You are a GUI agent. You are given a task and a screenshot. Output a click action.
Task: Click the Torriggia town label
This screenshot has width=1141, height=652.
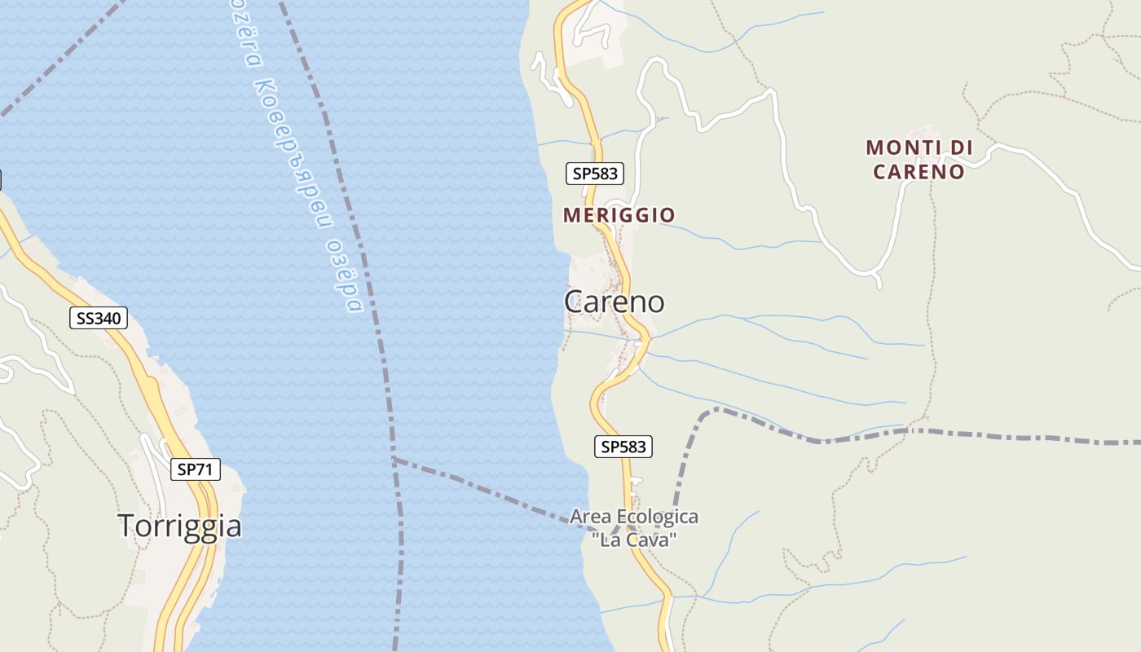click(179, 526)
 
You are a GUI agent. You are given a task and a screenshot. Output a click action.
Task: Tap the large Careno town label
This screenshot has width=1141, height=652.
click(614, 302)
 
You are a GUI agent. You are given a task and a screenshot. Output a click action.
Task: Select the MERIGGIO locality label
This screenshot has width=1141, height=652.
click(619, 215)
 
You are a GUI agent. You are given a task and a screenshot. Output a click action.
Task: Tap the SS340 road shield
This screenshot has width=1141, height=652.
click(99, 318)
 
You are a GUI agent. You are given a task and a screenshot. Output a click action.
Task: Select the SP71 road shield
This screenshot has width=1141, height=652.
click(196, 469)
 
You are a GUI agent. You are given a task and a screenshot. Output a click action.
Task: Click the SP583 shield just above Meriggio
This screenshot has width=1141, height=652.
click(596, 173)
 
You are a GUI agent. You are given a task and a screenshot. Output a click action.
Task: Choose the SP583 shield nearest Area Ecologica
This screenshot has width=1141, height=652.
click(623, 446)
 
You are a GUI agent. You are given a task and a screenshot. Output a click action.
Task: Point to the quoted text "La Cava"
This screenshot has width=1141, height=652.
click(634, 540)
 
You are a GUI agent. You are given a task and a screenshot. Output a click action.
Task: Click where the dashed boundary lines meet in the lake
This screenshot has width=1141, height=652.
click(394, 459)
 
